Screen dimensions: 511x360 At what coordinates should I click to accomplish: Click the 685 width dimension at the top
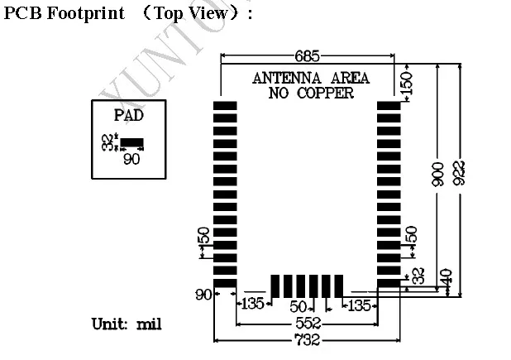(x=307, y=56)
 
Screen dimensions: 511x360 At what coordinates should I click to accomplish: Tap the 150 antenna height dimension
(x=405, y=82)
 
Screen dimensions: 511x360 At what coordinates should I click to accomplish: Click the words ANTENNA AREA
(x=310, y=78)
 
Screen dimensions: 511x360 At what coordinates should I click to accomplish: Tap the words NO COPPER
(x=310, y=93)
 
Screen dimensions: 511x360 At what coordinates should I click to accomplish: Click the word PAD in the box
(x=129, y=116)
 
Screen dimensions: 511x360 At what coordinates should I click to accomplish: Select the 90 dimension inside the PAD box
(x=131, y=159)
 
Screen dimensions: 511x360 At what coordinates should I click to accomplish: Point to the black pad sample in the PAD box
(x=132, y=143)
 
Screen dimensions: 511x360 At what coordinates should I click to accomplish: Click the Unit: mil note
(x=126, y=323)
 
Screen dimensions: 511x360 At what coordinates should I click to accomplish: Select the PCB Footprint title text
(x=65, y=13)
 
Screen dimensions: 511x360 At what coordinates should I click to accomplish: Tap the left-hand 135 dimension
(x=252, y=304)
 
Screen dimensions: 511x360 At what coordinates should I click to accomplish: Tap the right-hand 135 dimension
(x=359, y=305)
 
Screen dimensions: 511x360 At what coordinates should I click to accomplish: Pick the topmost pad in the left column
(x=225, y=106)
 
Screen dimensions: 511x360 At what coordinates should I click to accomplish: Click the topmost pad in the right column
(x=389, y=106)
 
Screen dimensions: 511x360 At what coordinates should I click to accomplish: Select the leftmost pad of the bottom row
(x=276, y=286)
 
